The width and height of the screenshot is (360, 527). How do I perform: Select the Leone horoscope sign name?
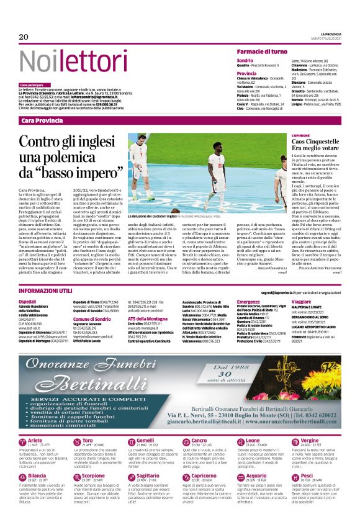coord(254,440)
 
